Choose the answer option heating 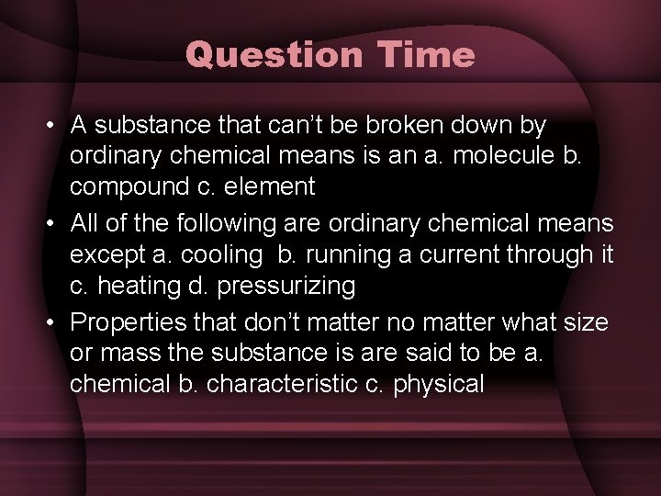pos(148,286)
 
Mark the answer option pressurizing pos(287,286)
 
